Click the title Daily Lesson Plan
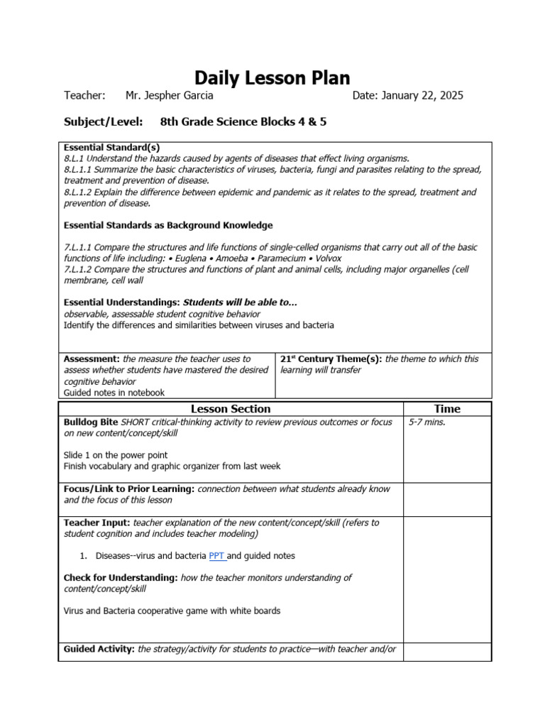(272, 77)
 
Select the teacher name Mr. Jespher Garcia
(169, 96)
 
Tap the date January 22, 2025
(407, 96)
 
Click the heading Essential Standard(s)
(111, 147)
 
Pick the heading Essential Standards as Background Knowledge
(167, 225)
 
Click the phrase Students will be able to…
(240, 302)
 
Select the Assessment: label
(92, 359)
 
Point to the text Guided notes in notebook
(114, 392)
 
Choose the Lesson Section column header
(231, 409)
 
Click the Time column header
(447, 409)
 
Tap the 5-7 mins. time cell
(427, 422)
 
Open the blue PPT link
(216, 556)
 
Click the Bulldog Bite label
(91, 422)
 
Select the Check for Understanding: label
(121, 578)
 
